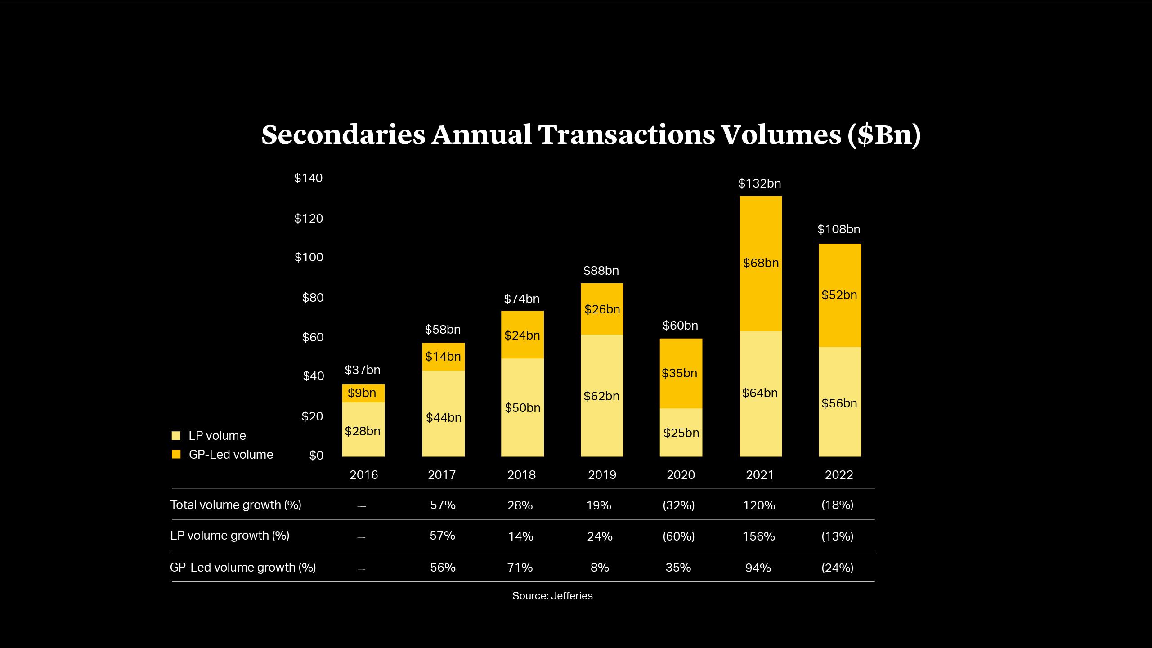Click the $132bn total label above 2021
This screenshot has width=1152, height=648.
coord(759,183)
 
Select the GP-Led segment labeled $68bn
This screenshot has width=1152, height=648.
coord(761,263)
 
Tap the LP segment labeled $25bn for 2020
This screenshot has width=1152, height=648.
coord(681,433)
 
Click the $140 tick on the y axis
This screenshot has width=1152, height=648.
coord(308,178)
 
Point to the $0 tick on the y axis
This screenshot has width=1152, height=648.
coord(316,456)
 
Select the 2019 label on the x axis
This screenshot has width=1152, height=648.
coord(602,475)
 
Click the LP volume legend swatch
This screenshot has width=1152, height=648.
coord(176,436)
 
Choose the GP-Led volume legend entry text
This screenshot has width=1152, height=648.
coord(231,455)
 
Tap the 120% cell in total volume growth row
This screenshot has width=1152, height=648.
coord(759,505)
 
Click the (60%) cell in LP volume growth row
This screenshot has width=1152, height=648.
coord(678,536)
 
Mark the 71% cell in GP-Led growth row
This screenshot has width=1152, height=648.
coord(520,568)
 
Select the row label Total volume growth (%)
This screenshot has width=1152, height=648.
coord(236,505)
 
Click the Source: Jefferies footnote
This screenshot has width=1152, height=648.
coord(552,596)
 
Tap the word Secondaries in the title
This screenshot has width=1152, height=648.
coord(343,134)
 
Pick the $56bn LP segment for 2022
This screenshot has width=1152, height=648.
coord(839,403)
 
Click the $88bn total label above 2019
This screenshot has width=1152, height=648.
coord(601,271)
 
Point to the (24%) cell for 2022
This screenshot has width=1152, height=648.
coord(837,568)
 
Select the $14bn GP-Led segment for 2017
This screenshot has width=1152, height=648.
coord(443,357)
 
